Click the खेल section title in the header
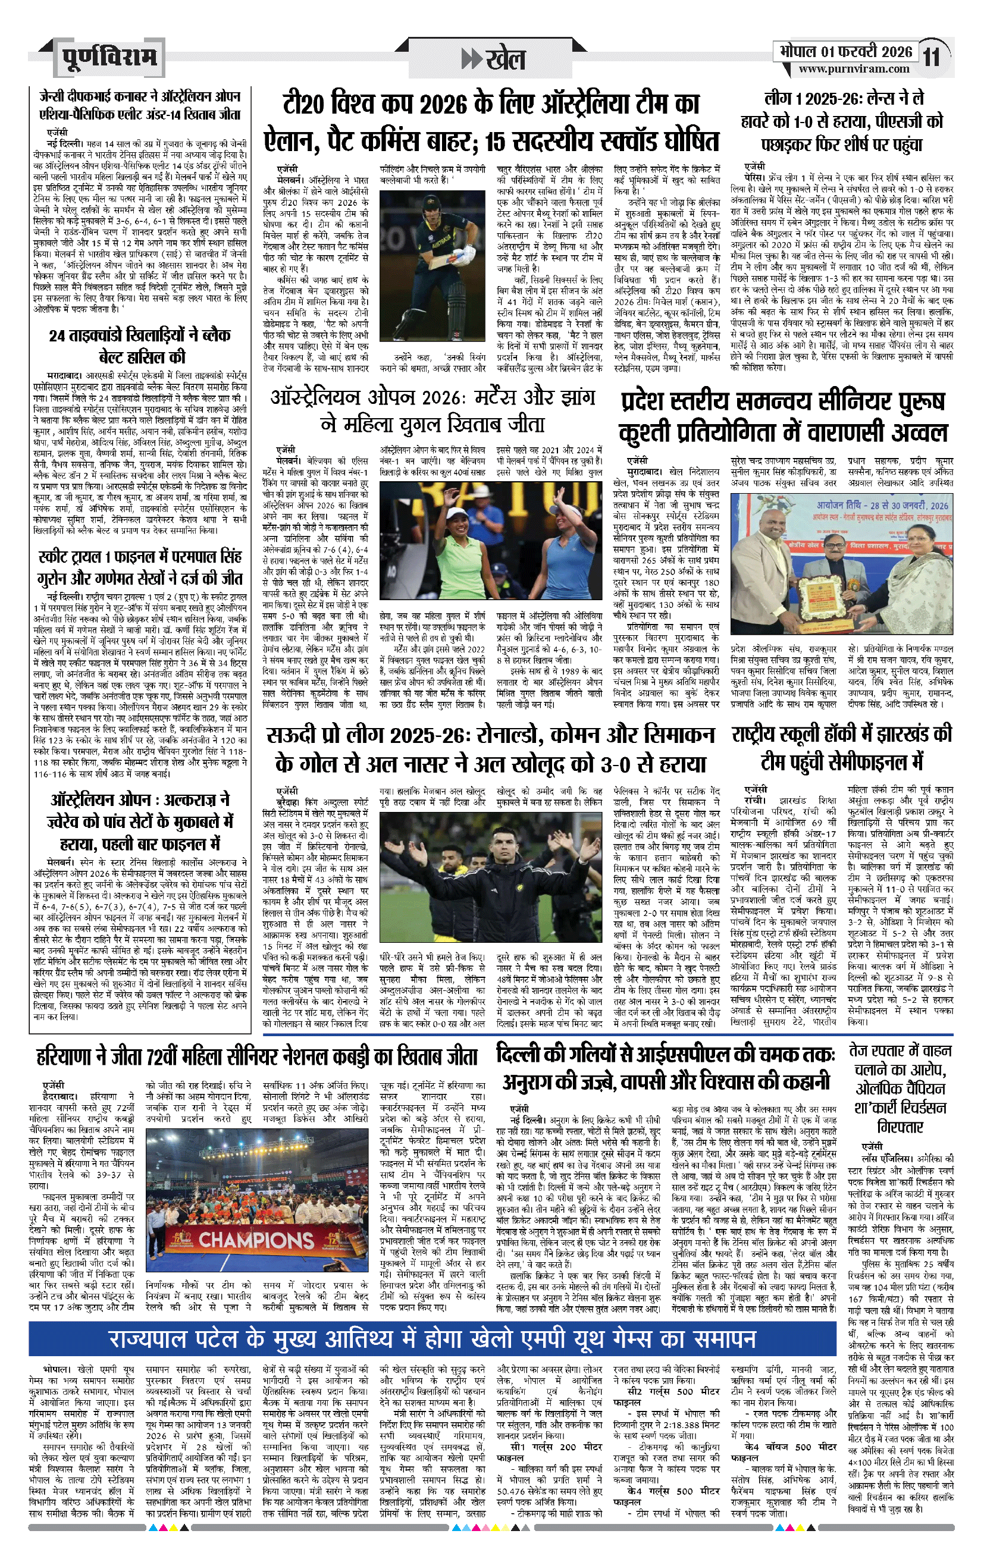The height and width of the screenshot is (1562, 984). (x=493, y=59)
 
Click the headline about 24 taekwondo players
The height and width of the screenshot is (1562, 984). (x=139, y=346)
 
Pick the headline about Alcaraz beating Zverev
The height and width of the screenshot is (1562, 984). (x=139, y=822)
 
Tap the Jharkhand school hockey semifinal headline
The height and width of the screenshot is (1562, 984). (x=841, y=748)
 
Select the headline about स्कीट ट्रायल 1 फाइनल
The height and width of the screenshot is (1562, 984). (x=139, y=567)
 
